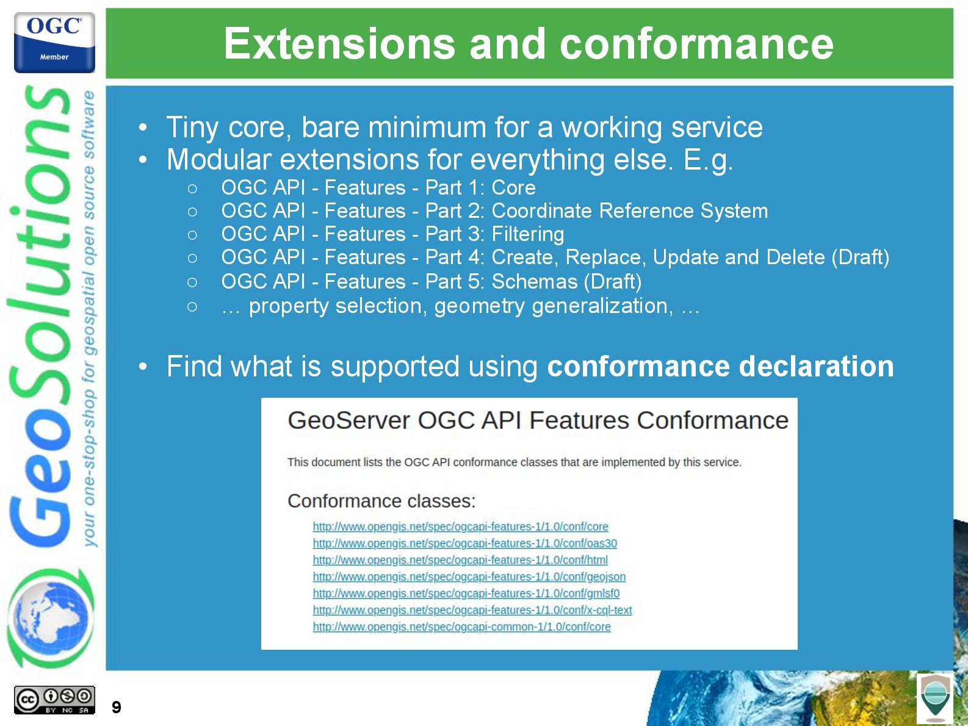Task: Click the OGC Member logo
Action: click(54, 42)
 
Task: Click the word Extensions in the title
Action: click(339, 44)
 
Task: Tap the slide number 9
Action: click(117, 707)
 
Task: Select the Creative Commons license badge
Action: click(54, 700)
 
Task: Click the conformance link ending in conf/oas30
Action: click(465, 543)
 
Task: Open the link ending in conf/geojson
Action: click(469, 577)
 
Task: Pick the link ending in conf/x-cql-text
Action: click(472, 610)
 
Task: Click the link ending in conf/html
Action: click(460, 560)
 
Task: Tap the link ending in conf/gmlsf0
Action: click(466, 594)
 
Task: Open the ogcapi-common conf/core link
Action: click(462, 627)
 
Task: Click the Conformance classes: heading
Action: click(381, 501)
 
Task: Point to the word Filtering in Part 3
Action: click(528, 234)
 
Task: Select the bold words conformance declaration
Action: click(720, 366)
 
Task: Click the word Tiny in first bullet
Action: click(192, 128)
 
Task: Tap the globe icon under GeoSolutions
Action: click(50, 619)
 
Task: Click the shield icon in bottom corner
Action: click(935, 698)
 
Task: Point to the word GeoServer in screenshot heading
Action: click(349, 420)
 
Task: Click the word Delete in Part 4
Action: click(795, 257)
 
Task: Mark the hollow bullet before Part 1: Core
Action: click(192, 189)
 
